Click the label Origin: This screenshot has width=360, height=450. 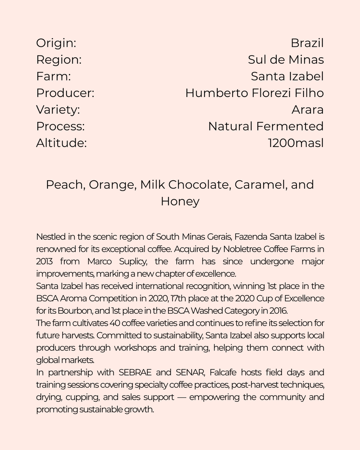pyautogui.click(x=56, y=43)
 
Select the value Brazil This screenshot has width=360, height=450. pyautogui.click(x=307, y=43)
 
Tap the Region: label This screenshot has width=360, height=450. pyautogui.click(x=59, y=60)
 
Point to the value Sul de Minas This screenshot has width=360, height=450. pyautogui.click(x=285, y=60)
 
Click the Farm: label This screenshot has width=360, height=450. pyautogui.click(x=53, y=76)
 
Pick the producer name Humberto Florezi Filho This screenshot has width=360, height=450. pyautogui.click(x=254, y=93)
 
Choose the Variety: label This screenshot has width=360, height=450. pyautogui.click(x=58, y=110)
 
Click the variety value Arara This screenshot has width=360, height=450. pyautogui.click(x=307, y=110)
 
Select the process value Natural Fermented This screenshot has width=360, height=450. pyautogui.click(x=265, y=126)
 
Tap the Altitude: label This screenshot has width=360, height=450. pyautogui.click(x=61, y=143)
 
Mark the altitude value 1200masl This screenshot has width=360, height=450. pyautogui.click(x=295, y=143)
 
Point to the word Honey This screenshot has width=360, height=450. pyautogui.click(x=180, y=201)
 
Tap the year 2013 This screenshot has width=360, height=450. pyautogui.click(x=44, y=262)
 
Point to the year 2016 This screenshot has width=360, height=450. pyautogui.click(x=279, y=311)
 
